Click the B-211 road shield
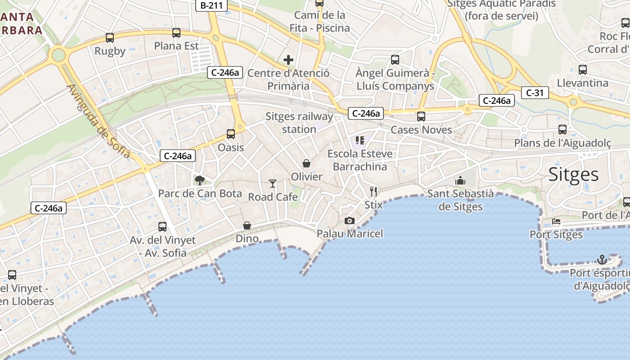tap(211, 5)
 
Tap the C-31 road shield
tap(535, 93)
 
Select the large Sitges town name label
tap(573, 175)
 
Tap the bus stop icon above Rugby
tap(110, 38)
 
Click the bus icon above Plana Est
tap(176, 33)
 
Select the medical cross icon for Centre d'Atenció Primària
tap(288, 59)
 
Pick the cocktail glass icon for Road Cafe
tap(273, 183)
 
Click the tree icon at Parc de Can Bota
tap(199, 180)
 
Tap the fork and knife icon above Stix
tap(373, 192)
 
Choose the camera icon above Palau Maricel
tap(349, 220)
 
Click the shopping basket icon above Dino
tap(247, 225)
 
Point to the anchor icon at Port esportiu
tap(602, 260)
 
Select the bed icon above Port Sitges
tap(556, 221)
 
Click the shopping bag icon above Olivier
tap(306, 163)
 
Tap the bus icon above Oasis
tap(231, 134)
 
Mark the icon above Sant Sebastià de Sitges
tap(460, 180)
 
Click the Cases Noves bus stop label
tap(421, 130)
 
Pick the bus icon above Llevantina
tap(583, 70)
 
